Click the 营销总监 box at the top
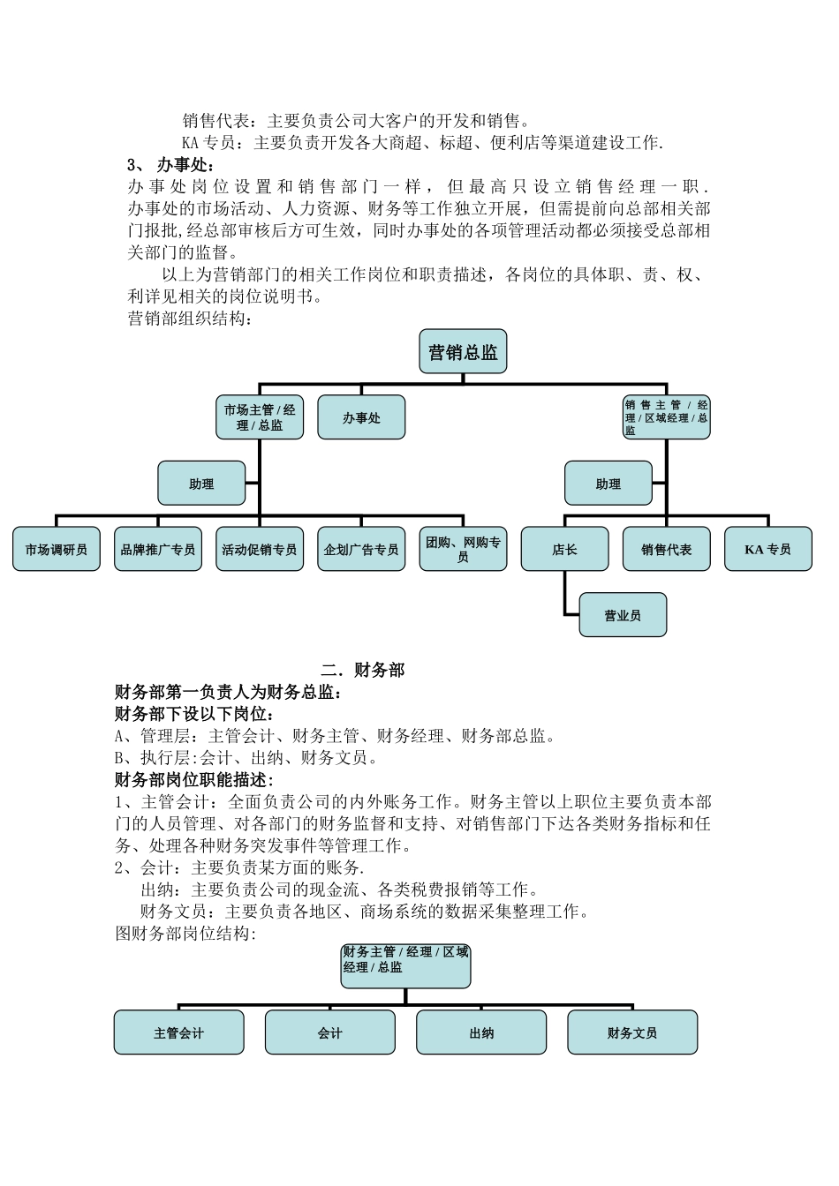tap(463, 352)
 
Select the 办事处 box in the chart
tap(361, 417)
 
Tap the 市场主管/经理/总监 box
tap(260, 417)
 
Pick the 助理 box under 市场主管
tap(201, 484)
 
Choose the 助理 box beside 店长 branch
tap(608, 484)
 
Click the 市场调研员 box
tap(57, 549)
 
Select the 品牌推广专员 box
tap(158, 549)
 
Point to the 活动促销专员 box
tap(260, 549)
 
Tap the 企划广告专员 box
tap(361, 549)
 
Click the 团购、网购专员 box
tap(463, 549)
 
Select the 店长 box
tap(564, 549)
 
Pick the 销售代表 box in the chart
tap(667, 549)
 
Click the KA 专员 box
tap(767, 549)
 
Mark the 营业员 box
tap(623, 615)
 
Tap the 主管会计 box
tap(178, 1032)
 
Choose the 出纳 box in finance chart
tap(481, 1032)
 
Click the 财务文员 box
tap(632, 1032)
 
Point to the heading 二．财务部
tap(363, 670)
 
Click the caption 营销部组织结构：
tap(191, 319)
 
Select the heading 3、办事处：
tap(171, 165)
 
